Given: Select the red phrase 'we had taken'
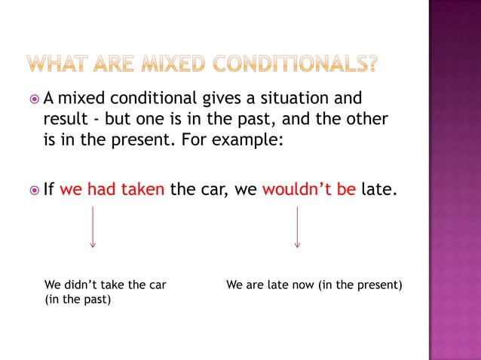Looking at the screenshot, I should pos(112,188).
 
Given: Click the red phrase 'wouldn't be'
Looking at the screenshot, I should pos(308,188).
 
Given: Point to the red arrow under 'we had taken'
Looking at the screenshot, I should pos(92,226).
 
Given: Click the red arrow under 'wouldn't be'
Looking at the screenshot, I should pos(297,226).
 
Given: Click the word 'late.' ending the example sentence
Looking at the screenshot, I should pos(377,188).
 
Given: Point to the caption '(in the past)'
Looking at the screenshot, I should pos(78,300).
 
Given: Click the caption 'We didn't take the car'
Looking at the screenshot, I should pos(106,285).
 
